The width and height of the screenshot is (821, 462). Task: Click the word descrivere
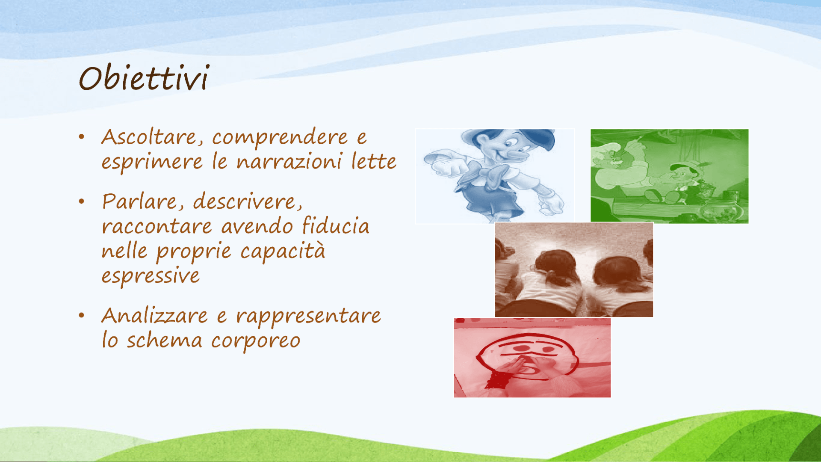pos(248,202)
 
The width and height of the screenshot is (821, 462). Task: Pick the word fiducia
pos(335,225)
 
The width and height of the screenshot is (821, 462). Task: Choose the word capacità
pos(283,252)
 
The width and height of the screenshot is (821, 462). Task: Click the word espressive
pos(151,276)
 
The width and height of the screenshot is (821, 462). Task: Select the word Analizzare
pos(155,316)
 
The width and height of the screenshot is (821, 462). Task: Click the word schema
pos(164,341)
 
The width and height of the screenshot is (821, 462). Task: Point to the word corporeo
pos(256,342)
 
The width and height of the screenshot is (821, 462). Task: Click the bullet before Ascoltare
pos(82,137)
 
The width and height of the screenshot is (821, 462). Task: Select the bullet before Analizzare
pos(82,316)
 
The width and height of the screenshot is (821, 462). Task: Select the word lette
pos(374,162)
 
